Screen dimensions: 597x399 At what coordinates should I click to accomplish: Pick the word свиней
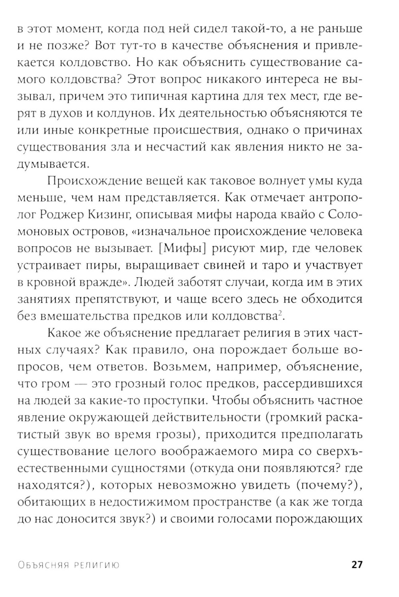tap(235, 265)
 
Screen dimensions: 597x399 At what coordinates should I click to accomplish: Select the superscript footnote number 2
tap(280, 314)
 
